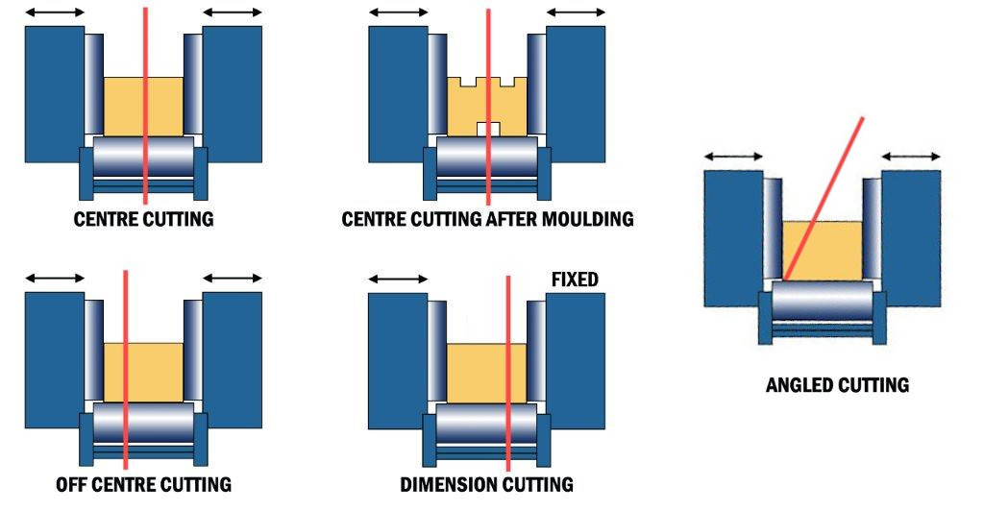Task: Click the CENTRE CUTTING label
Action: coord(143,219)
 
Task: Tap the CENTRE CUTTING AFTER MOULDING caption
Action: coord(487,219)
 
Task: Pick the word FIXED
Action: coord(575,280)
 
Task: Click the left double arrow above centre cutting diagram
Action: coord(55,12)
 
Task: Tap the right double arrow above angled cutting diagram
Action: coord(911,156)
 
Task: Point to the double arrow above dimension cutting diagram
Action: coord(398,280)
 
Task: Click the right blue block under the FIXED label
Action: coord(576,361)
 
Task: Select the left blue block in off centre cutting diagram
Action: coord(54,361)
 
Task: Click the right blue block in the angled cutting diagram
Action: coord(911,238)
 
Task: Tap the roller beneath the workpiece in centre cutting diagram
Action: coord(143,155)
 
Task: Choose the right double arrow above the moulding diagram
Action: coord(576,12)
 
